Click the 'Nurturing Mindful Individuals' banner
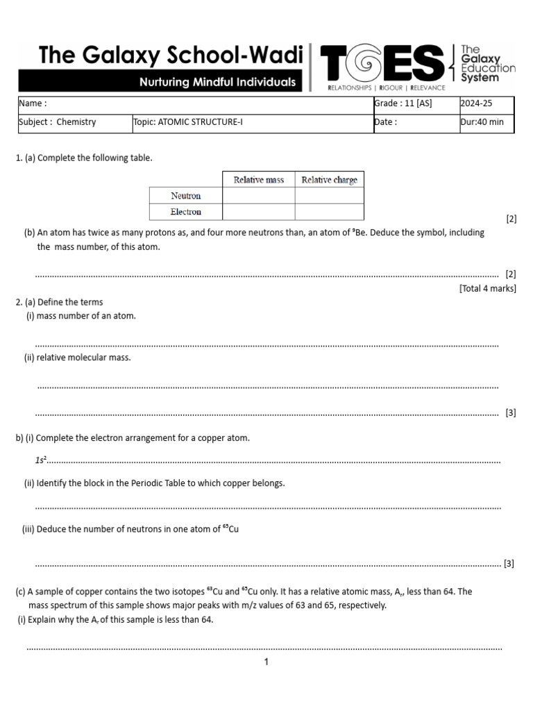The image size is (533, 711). tap(217, 82)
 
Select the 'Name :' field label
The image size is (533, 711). tap(33, 103)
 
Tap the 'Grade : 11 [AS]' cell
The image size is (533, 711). tap(403, 103)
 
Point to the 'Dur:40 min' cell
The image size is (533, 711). tap(482, 122)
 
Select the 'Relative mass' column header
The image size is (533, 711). tap(258, 180)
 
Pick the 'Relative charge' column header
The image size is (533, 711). tap(329, 180)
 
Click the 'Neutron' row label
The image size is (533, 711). tap(185, 196)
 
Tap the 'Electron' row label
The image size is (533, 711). tap(185, 212)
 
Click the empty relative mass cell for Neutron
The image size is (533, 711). tap(258, 196)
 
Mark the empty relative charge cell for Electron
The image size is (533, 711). tap(329, 212)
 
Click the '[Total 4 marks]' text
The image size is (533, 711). tap(487, 288)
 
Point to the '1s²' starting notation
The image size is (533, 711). tap(40, 460)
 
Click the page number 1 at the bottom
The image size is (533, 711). tap(266, 662)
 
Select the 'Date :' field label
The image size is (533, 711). tap(386, 122)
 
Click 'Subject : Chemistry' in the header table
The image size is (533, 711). tap(58, 122)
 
